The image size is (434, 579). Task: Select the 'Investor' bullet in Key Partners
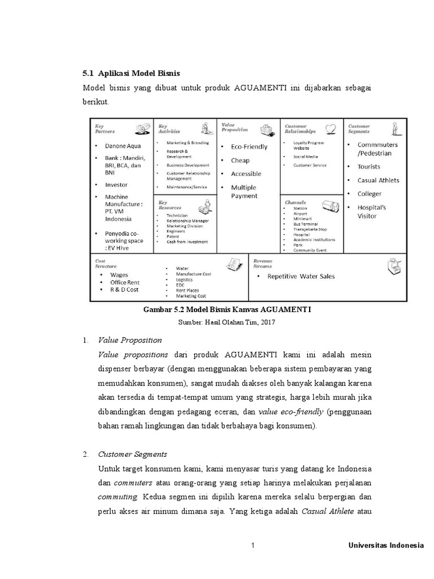coord(116,185)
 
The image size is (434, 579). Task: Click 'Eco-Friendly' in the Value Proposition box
coord(249,146)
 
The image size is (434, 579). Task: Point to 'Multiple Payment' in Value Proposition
coord(244,192)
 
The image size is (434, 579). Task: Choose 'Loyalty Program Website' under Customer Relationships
coord(310,145)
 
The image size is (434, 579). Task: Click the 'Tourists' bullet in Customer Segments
coord(368,167)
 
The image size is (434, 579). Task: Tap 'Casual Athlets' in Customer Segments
coord(378,180)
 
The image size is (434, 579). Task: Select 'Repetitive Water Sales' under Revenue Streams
coord(301,276)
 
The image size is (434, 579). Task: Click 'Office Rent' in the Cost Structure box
coord(125,282)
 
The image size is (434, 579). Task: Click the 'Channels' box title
coord(296,202)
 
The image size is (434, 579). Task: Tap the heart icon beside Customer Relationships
coord(332,128)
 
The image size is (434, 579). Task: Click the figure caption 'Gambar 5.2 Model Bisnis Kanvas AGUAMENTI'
coord(228,310)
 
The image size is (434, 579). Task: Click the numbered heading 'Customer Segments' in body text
coord(132,454)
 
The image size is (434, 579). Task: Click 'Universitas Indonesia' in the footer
coord(385,546)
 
